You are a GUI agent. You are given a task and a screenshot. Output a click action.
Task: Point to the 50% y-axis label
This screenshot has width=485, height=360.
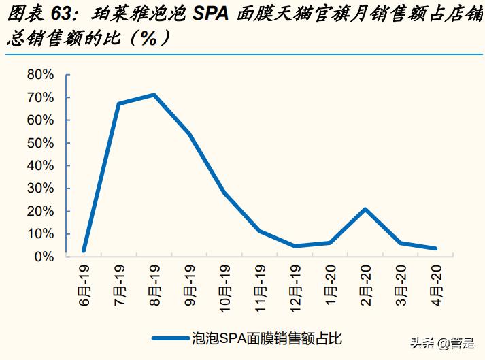(39, 143)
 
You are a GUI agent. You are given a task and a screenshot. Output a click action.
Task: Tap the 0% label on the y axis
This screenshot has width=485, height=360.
(44, 257)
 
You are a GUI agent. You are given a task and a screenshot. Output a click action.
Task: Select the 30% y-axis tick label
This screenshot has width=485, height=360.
(39, 189)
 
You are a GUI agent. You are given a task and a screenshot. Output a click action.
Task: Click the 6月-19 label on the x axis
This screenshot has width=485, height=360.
(84, 284)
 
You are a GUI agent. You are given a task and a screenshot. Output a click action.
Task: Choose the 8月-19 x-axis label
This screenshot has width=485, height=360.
(154, 284)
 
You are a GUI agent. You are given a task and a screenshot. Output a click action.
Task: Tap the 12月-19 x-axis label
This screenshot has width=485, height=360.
(295, 287)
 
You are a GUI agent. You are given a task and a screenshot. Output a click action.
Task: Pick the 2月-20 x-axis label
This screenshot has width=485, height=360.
(366, 284)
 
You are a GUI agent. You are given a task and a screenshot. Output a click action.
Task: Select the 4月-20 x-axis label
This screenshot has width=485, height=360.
(437, 284)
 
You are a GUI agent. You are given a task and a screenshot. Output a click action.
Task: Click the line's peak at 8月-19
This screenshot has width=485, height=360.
(154, 95)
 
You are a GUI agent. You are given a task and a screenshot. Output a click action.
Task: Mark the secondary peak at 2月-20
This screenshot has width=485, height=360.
(366, 209)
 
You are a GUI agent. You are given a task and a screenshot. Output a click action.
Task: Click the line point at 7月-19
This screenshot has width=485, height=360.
(119, 103)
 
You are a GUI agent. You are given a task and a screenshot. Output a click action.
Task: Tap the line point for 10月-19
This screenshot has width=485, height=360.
(224, 193)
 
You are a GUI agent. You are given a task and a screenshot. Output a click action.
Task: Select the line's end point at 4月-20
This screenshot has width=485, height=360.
(436, 248)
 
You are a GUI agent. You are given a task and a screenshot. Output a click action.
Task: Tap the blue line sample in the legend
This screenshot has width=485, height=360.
(171, 337)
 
